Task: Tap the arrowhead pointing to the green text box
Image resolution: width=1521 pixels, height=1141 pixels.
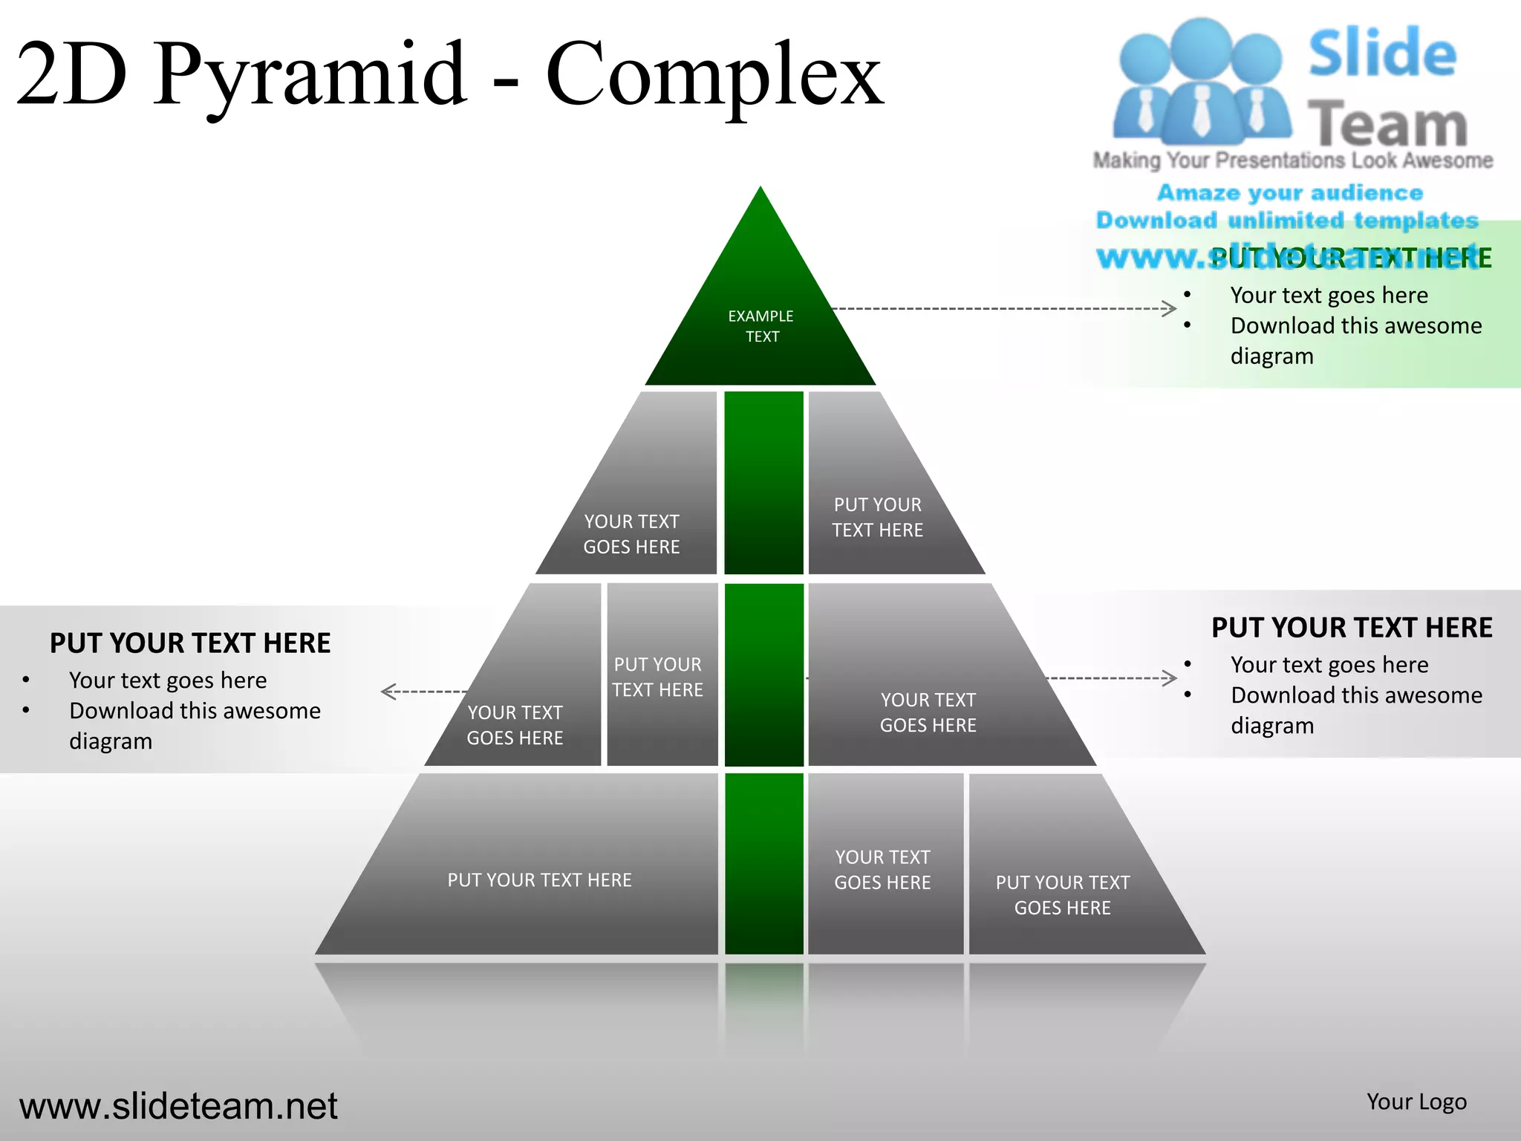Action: coord(1170,308)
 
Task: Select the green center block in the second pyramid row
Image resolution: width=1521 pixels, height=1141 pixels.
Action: coord(763,483)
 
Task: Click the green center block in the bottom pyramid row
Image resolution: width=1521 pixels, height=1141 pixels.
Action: coord(763,863)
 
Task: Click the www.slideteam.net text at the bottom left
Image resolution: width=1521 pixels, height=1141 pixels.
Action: coord(178,1106)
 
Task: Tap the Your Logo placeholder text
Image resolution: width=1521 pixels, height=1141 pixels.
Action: coord(1416,1102)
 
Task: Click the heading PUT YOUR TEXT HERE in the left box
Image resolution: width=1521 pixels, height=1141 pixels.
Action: coord(190,643)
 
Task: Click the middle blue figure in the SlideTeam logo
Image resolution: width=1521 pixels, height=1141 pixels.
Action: coord(1201,82)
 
